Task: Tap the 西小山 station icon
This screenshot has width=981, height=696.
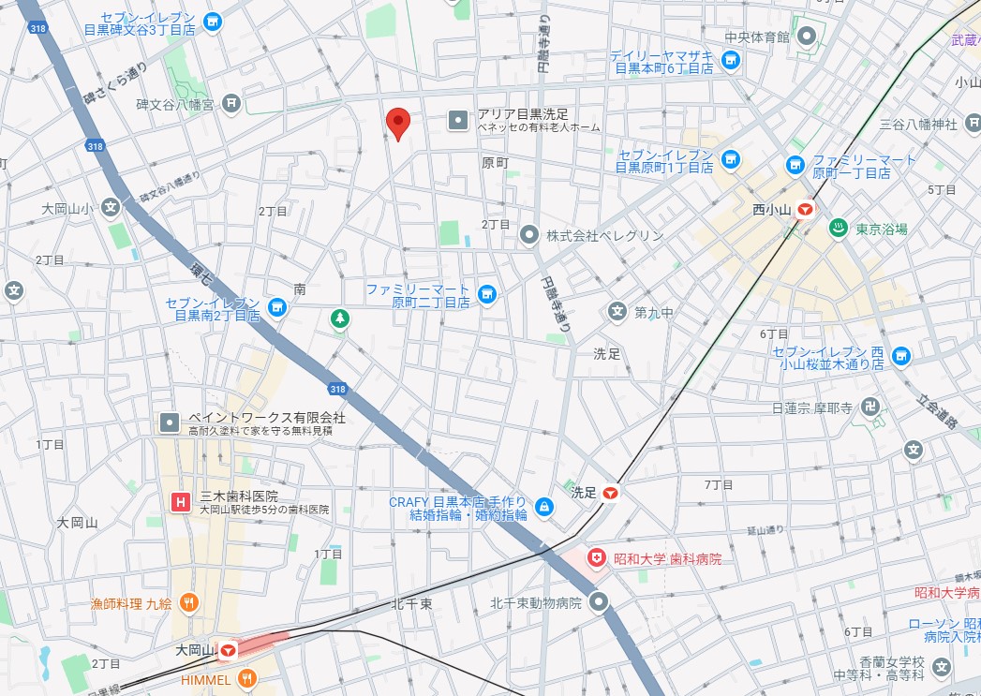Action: click(x=804, y=211)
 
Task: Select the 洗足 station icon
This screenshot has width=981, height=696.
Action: click(x=611, y=492)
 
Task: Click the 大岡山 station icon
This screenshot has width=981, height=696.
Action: click(x=228, y=649)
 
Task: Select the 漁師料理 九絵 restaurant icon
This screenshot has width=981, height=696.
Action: click(x=189, y=603)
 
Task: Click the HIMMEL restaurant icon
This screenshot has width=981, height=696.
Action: click(x=247, y=679)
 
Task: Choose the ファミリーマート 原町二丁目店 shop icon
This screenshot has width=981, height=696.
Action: click(x=486, y=296)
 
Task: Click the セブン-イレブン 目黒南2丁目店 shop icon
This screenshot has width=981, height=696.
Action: click(x=276, y=307)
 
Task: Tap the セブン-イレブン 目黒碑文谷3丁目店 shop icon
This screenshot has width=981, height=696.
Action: click(x=213, y=21)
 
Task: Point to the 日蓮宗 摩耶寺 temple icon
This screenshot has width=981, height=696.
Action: click(x=871, y=407)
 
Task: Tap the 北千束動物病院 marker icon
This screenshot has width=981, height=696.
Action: click(x=600, y=602)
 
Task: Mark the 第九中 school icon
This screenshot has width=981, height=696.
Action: click(x=617, y=311)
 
